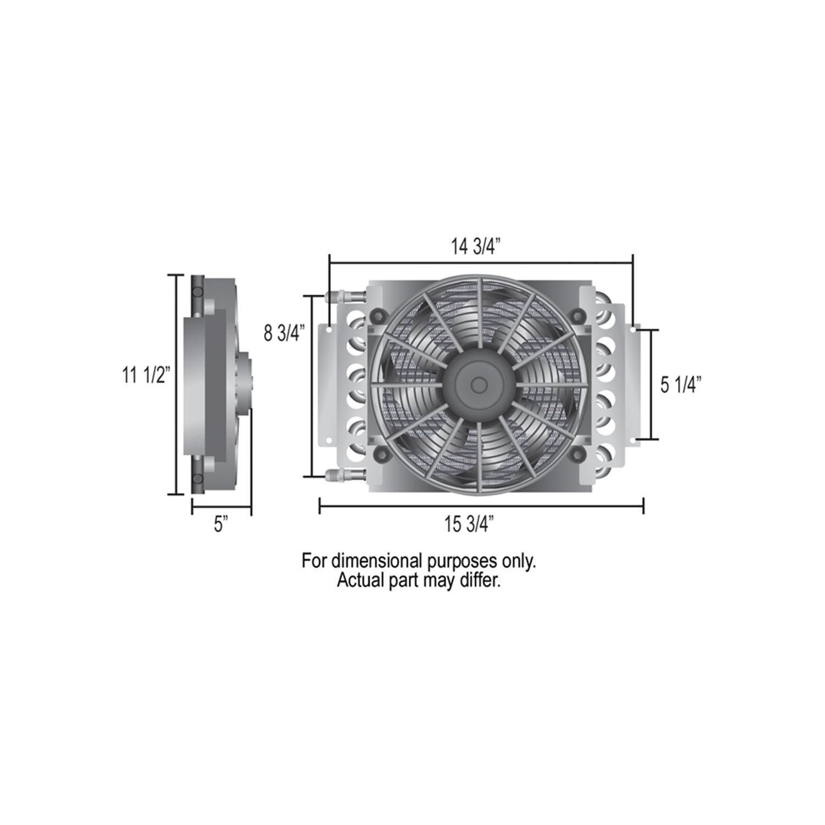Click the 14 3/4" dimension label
(x=474, y=248)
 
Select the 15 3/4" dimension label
(x=469, y=525)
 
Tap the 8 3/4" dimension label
(x=284, y=333)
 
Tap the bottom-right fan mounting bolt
(x=577, y=453)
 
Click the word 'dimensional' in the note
(x=377, y=562)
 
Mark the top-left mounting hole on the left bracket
(x=328, y=330)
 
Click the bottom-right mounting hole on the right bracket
(x=634, y=440)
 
